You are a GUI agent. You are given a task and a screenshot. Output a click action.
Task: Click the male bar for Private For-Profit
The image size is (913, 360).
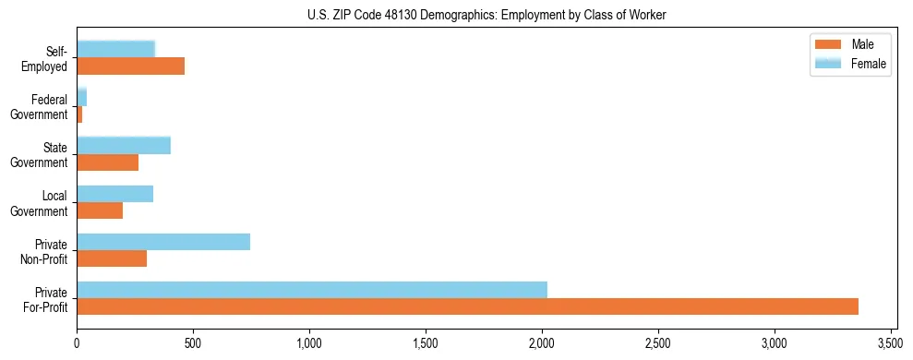point(467,306)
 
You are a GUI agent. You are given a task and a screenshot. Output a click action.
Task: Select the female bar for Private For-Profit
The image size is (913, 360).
point(312,290)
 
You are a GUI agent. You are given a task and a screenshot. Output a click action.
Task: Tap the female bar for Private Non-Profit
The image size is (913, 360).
point(163,242)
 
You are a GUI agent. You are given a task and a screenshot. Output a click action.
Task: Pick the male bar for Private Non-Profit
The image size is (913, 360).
point(112,258)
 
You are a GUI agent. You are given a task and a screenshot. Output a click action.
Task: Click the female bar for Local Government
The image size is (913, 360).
point(114,194)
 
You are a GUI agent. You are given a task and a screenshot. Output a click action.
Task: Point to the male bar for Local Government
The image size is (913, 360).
point(100,210)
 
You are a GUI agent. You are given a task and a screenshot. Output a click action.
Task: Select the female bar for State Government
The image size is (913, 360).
point(124,145)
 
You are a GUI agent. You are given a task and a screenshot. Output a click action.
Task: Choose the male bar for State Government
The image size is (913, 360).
point(107,162)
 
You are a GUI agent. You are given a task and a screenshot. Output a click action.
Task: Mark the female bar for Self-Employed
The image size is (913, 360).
point(115,49)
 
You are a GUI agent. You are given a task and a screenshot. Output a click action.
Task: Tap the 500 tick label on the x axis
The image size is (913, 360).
point(193,342)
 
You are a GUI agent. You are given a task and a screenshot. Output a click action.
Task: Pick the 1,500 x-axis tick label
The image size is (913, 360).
point(426,342)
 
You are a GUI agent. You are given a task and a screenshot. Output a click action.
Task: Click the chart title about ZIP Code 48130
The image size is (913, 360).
point(486,16)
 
